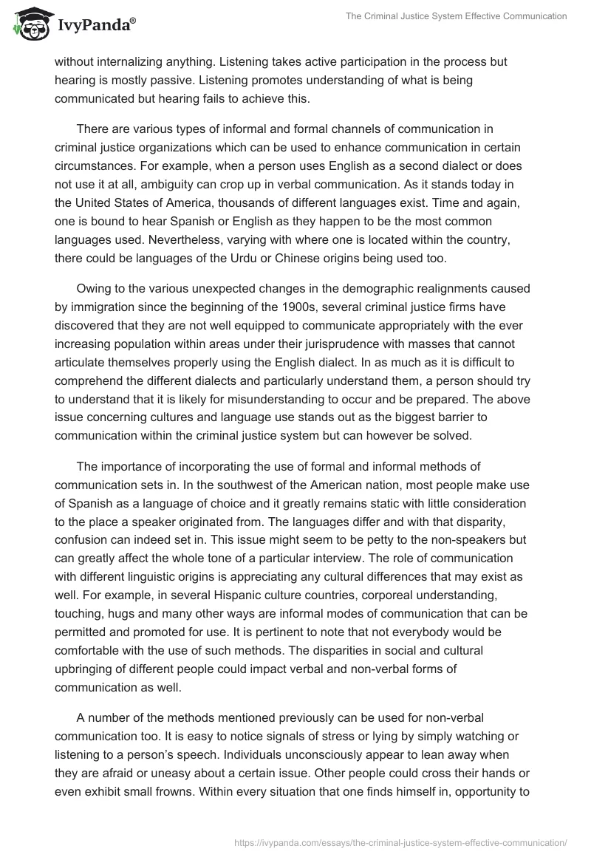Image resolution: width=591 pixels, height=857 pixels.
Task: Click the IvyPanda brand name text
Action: tap(95, 27)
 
